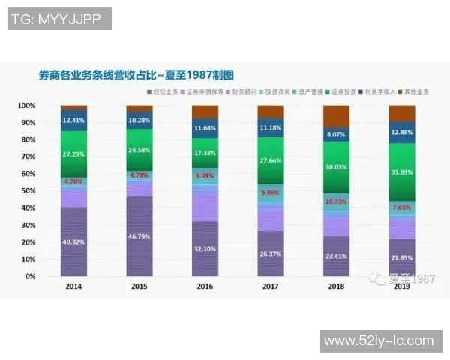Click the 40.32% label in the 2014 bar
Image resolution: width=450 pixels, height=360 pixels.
tap(73, 241)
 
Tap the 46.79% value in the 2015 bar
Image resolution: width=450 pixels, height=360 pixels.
tap(139, 235)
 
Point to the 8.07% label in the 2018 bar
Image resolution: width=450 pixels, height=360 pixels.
tap(336, 135)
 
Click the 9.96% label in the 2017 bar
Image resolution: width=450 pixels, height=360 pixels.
tap(270, 192)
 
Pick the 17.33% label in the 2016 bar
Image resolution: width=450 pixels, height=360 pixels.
tap(205, 152)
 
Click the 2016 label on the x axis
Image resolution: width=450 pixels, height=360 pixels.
tap(205, 286)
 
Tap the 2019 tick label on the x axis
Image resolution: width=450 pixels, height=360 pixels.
tap(402, 286)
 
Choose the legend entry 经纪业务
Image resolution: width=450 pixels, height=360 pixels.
tap(163, 91)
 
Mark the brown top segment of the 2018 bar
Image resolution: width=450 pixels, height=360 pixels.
tap(336, 115)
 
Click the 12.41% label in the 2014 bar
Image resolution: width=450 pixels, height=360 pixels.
tap(73, 120)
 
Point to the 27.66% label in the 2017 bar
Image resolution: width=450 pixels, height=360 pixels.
tap(270, 160)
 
